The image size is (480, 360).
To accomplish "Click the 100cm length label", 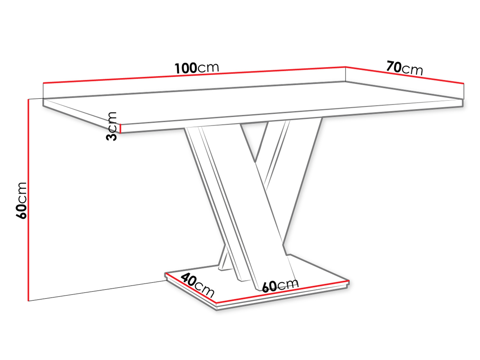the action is [x=196, y=68].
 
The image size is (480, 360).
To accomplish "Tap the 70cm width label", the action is [x=405, y=68].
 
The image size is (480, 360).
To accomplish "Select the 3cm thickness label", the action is [x=111, y=126].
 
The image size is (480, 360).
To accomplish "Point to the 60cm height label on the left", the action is [x=21, y=200].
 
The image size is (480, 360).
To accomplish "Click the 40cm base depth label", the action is [x=197, y=285].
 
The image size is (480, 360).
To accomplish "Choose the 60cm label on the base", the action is [x=280, y=285].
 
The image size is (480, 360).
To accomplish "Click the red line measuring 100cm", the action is [x=194, y=75].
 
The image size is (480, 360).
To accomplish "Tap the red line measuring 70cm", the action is [x=405, y=75].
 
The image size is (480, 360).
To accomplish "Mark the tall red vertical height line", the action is [x=28, y=200].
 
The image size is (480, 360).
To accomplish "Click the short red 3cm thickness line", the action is [x=120, y=129].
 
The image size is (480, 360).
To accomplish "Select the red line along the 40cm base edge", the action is [x=191, y=288].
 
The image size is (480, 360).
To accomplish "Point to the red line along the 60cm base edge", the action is [x=282, y=292].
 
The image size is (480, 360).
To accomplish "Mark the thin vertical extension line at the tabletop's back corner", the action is [x=345, y=74].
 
